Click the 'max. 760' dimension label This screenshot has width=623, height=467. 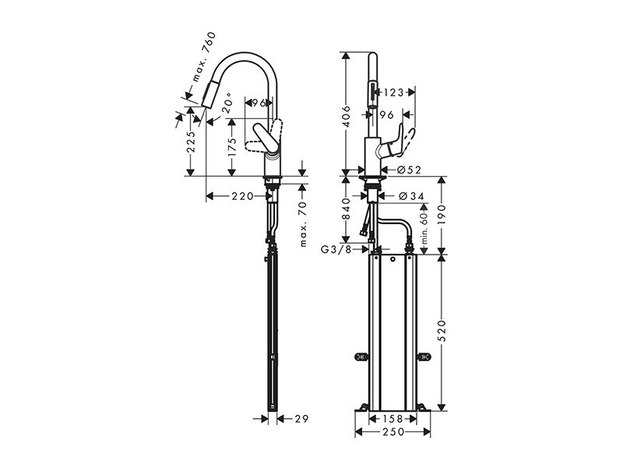coord(204,57)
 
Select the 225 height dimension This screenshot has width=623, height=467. coord(192,142)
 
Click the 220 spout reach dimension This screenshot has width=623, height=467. coord(243,196)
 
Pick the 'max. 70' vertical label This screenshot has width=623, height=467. coord(304,224)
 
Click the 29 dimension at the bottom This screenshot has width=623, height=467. coord(301,418)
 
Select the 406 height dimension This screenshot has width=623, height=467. coord(347,116)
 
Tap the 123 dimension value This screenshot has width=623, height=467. coord(394,93)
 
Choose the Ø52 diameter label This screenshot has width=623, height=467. coord(409,170)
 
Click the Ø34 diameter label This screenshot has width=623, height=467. coord(411,196)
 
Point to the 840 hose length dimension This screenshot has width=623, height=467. coord(347,209)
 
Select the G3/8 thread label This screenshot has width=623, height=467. coord(336,249)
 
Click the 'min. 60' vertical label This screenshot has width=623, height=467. coord(424,227)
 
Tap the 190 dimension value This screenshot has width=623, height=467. coord(442,216)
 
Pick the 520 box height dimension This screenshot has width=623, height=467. coord(442,330)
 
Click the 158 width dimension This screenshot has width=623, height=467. coord(393,419)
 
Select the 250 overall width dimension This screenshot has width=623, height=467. coord(393,432)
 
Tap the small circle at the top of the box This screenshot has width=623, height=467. coord(392,260)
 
